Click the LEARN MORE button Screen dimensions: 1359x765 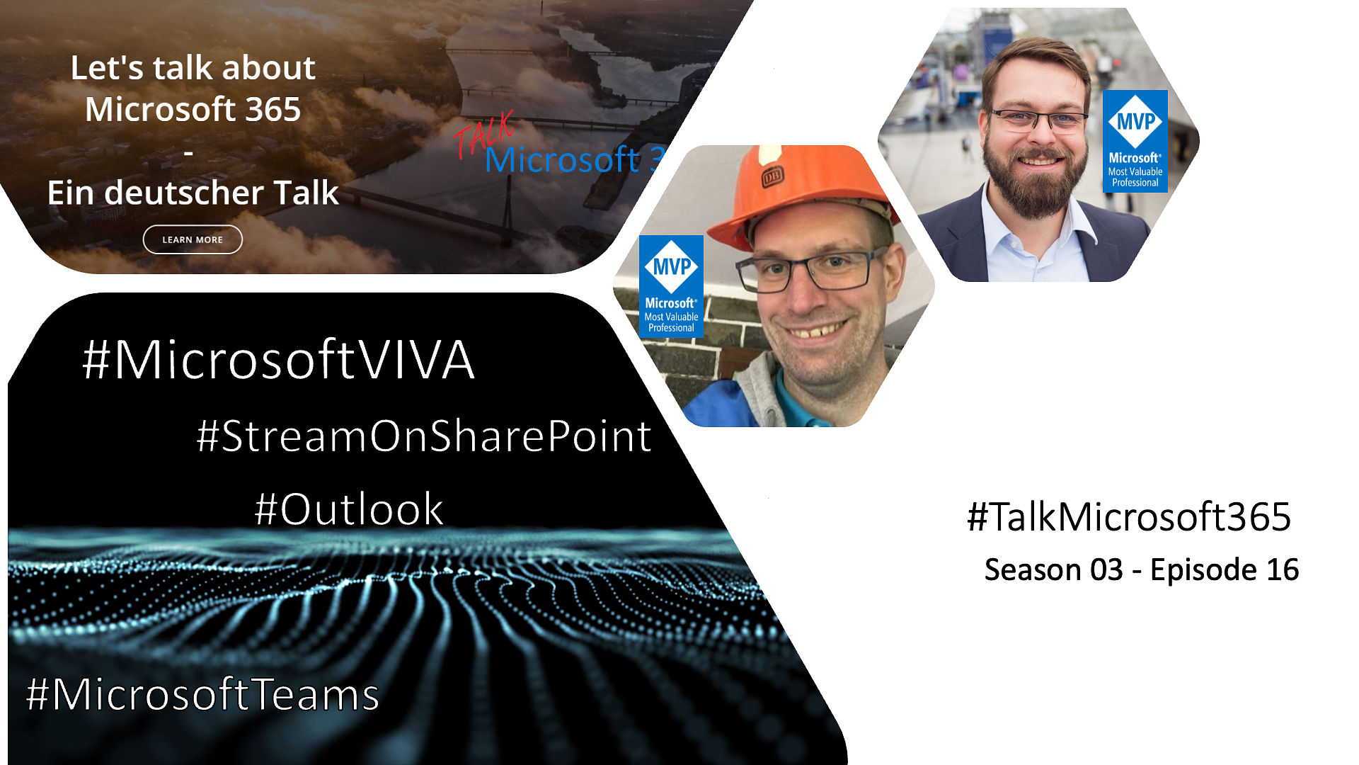[193, 239]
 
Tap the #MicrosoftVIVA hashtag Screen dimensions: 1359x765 [278, 360]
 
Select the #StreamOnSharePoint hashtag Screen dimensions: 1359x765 [424, 436]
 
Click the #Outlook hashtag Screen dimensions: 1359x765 [349, 509]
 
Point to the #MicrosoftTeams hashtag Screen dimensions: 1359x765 [202, 694]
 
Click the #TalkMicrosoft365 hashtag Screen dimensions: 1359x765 [1129, 516]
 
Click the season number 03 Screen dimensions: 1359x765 [1106, 569]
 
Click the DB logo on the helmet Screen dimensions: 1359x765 [772, 177]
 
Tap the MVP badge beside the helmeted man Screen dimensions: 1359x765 [671, 286]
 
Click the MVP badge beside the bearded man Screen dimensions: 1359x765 [1135, 141]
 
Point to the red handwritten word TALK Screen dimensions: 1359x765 [484, 135]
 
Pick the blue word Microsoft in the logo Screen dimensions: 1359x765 [562, 159]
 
